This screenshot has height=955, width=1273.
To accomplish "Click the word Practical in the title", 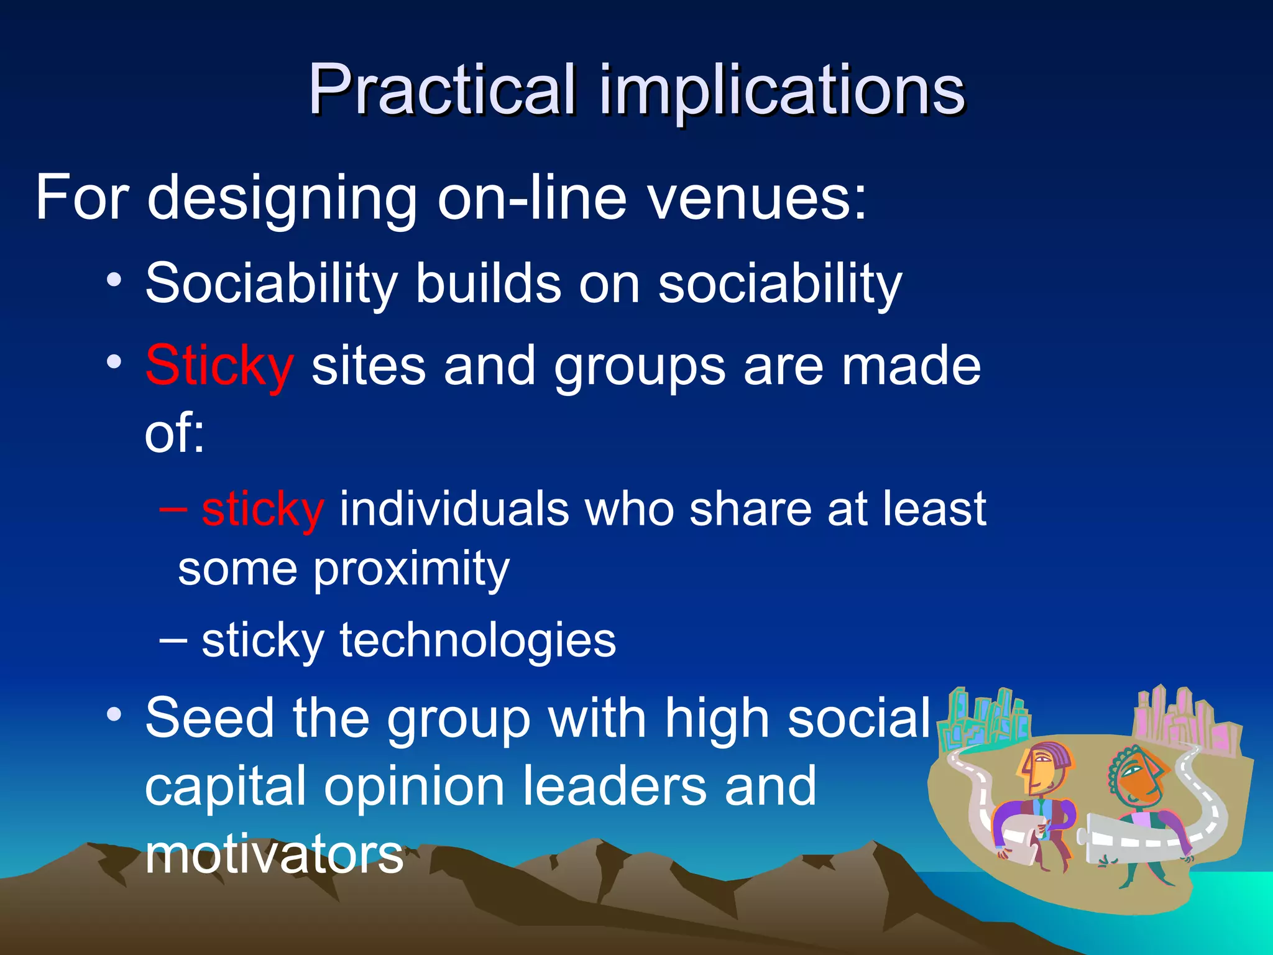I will [441, 90].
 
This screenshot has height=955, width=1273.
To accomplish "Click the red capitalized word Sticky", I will [219, 367].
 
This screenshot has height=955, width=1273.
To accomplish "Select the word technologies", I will [477, 640].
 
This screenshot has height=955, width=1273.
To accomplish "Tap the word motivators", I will [274, 854].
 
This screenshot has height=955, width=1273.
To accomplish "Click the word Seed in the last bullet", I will [209, 718].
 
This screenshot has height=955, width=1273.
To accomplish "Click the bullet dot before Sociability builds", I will [114, 280].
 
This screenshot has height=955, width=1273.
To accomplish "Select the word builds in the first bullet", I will [488, 284].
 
